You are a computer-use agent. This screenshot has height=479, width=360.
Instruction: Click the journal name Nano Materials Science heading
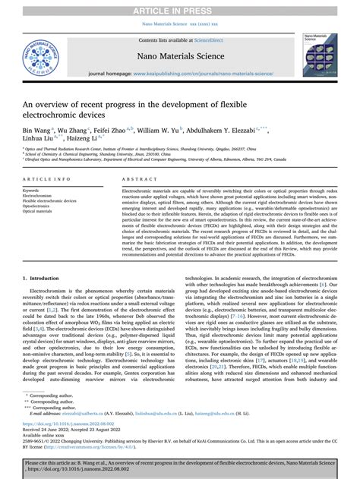[x=179, y=56]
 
